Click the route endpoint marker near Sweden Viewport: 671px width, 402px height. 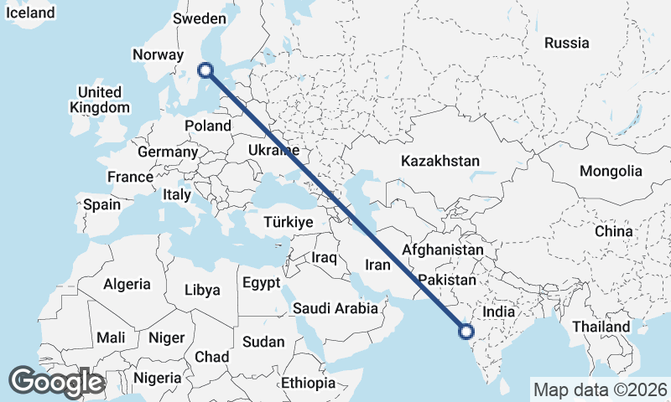pos(205,71)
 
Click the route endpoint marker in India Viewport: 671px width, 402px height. pos(467,332)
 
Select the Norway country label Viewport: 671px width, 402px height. pos(158,55)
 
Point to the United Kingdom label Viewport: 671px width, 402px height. pos(100,100)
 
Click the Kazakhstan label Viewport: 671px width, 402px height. pos(440,161)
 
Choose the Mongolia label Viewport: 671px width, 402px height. pos(611,171)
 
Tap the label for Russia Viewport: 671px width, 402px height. pos(567,43)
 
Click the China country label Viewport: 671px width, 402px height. pos(613,231)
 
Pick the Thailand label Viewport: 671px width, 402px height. pos(601,326)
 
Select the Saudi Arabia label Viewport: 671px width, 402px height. pos(335,308)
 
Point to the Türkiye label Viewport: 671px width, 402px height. pos(288,223)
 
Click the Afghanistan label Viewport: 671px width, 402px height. pos(443,250)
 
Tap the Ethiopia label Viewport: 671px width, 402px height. pos(309,383)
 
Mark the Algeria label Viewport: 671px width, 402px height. pos(127,284)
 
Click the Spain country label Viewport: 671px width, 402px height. pos(101,204)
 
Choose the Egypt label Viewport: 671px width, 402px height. pos(261,283)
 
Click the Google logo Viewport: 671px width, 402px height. pos(57,382)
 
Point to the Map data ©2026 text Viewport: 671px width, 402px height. pos(600,389)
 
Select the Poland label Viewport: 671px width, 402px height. pos(208,126)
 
